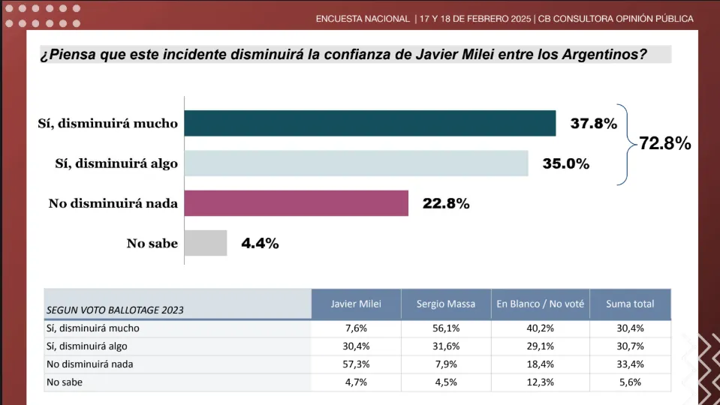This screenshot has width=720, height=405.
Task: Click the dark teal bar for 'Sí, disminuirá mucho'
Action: pyautogui.click(x=370, y=124)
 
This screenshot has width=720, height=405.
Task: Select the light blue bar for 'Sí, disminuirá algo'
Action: pyautogui.click(x=357, y=163)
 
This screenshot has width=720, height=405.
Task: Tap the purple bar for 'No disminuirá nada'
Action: pyautogui.click(x=297, y=203)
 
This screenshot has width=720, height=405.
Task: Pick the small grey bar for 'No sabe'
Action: pyautogui.click(x=206, y=243)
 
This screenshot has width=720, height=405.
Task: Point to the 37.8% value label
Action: pyautogui.click(x=593, y=124)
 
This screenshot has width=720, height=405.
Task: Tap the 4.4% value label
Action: pyautogui.click(x=260, y=243)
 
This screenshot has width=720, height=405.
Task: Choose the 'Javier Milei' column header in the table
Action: pyautogui.click(x=356, y=304)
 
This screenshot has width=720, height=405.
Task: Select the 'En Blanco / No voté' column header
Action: pyautogui.click(x=540, y=304)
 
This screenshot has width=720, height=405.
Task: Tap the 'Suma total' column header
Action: pyautogui.click(x=630, y=304)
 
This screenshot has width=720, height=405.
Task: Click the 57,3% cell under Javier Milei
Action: pyautogui.click(x=356, y=364)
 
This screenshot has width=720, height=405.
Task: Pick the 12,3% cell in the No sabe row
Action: pyautogui.click(x=540, y=382)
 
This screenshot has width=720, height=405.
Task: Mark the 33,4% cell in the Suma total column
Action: pyautogui.click(x=630, y=364)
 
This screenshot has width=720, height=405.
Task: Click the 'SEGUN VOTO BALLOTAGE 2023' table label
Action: pyautogui.click(x=115, y=309)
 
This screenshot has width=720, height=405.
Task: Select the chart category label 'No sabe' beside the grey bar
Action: pyautogui.click(x=152, y=243)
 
